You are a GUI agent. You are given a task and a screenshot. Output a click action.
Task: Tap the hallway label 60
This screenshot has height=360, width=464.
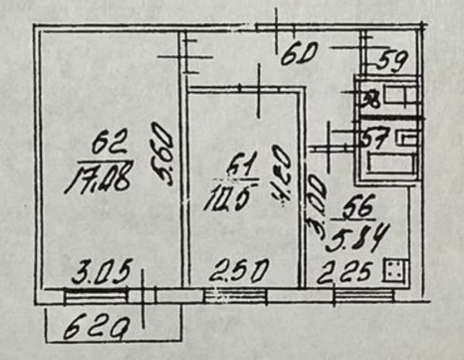(297, 55)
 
